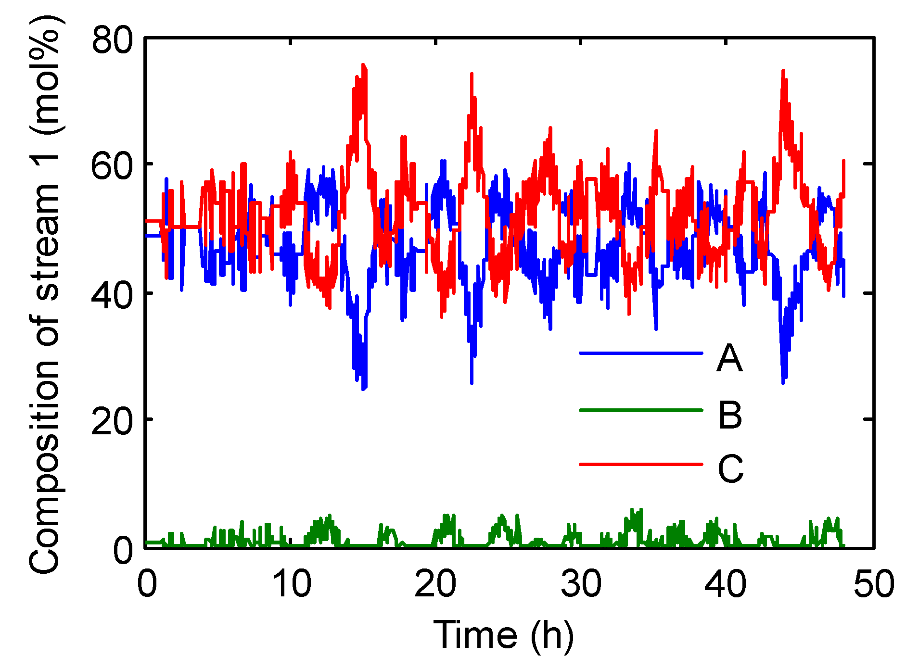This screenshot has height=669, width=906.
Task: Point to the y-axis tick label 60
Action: coord(112,164)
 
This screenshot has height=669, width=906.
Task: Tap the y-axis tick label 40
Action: coord(112,293)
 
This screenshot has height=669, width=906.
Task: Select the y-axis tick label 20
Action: coord(112,420)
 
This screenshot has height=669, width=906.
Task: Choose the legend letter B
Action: coord(730,415)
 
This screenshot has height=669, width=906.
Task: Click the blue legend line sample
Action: coord(641,353)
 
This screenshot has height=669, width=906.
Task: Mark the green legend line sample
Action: coord(641,410)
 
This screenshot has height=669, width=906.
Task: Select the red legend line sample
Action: coord(641,464)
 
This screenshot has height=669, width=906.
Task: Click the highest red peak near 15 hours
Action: coord(363,64)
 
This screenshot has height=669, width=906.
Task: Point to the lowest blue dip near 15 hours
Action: coord(364,389)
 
